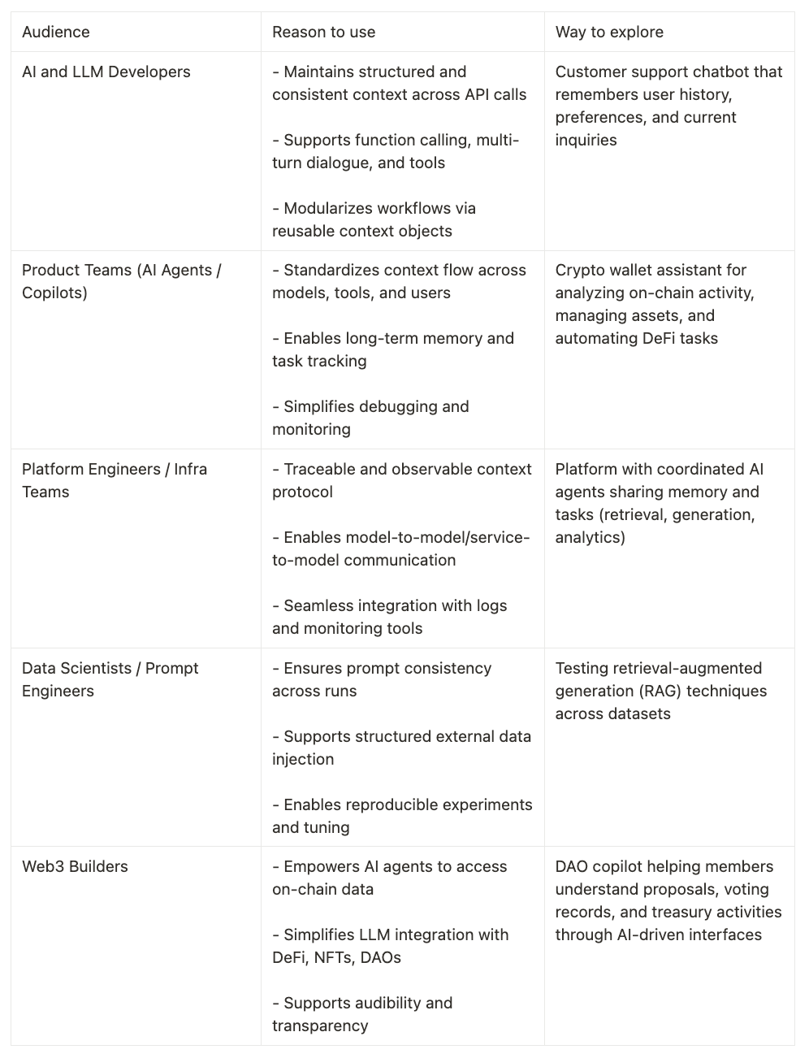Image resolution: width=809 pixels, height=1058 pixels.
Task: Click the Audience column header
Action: [x=56, y=33]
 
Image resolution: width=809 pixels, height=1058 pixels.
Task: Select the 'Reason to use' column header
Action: [x=323, y=33]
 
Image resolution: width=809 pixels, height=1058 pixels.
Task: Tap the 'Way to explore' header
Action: [x=609, y=33]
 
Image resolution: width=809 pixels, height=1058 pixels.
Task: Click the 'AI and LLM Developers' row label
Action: [x=106, y=72]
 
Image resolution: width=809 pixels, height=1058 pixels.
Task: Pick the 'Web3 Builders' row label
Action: [x=75, y=866]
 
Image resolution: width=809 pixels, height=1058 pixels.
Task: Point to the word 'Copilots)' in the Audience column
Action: [x=54, y=293]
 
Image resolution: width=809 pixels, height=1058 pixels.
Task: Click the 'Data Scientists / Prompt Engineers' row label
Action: [x=110, y=679]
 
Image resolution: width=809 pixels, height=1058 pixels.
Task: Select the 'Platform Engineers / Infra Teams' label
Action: [x=114, y=480]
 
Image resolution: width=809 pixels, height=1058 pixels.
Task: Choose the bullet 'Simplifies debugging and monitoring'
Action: [x=370, y=418]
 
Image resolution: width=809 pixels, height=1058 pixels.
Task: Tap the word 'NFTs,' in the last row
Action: [x=340, y=957]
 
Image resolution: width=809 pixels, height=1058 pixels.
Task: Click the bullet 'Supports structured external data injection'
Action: [x=401, y=748]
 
